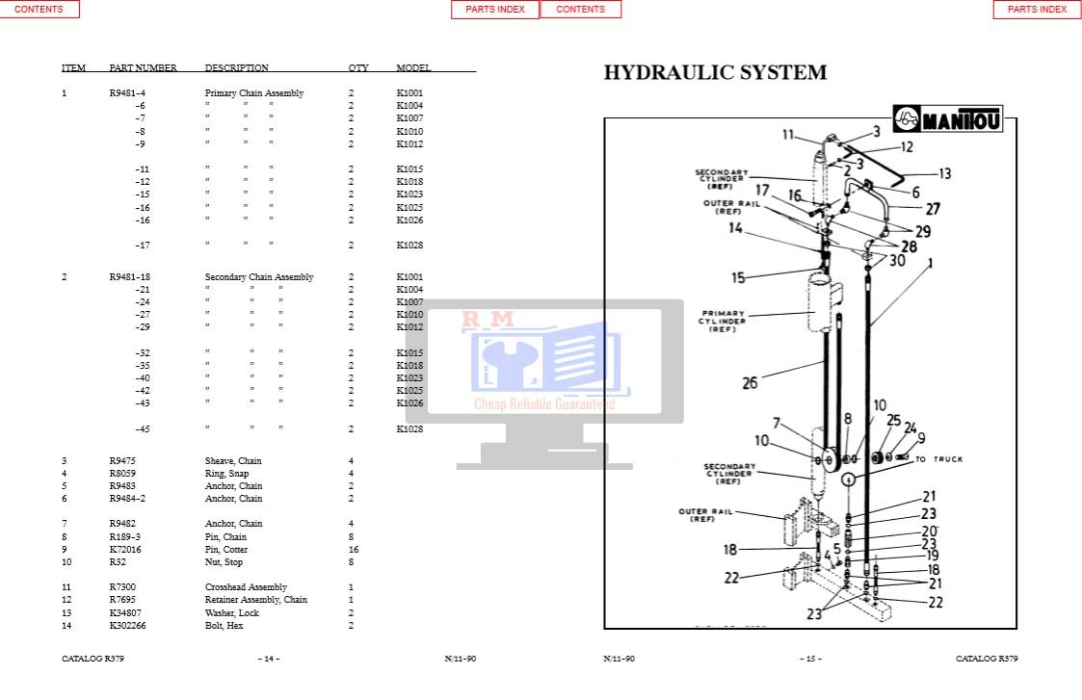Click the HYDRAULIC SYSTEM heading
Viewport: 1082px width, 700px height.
click(715, 73)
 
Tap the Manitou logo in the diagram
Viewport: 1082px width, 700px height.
click(948, 120)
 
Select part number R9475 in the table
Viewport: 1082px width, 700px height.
click(122, 461)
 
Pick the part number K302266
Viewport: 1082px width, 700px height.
click(128, 626)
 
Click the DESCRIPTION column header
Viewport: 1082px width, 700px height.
click(236, 68)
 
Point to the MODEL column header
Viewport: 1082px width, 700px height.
click(413, 68)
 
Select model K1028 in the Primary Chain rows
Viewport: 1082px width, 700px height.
click(409, 246)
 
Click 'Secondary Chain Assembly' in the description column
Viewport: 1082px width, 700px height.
click(258, 277)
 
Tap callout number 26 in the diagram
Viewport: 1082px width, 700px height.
click(750, 383)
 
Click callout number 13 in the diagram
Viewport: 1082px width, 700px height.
click(944, 174)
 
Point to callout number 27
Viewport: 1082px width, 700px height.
click(933, 208)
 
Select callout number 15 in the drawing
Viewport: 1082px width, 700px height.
click(738, 278)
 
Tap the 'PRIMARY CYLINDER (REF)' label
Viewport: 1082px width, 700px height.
click(723, 322)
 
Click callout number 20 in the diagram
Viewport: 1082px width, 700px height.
click(929, 531)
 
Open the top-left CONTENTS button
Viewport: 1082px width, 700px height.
click(40, 10)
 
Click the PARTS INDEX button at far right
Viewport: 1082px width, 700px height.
click(1037, 10)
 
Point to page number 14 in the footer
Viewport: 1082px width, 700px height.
click(269, 659)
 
